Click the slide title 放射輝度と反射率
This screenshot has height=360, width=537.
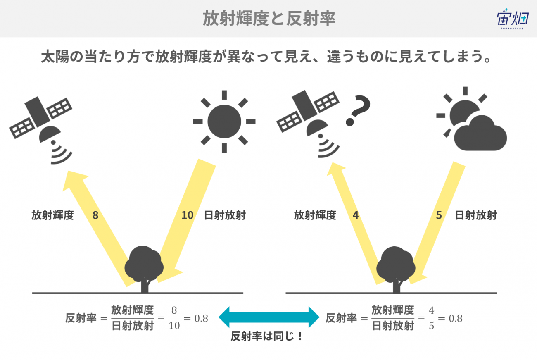click(268, 19)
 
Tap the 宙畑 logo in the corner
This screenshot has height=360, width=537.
click(511, 19)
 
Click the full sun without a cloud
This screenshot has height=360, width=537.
click(224, 122)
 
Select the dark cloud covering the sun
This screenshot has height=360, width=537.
click(480, 133)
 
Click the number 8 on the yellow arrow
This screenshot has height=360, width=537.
click(95, 215)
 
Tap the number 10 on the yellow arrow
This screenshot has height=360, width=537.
click(187, 215)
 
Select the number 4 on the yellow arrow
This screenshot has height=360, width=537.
click(356, 215)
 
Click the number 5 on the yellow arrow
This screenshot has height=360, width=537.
click(439, 215)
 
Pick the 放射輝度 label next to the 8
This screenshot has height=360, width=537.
click(52, 215)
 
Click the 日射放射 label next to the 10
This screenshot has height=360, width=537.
click(225, 215)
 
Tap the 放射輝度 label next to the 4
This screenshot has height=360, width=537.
click(315, 215)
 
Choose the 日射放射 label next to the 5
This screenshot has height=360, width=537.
click(475, 215)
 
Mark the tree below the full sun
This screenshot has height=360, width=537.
click(144, 267)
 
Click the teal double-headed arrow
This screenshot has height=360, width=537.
click(269, 317)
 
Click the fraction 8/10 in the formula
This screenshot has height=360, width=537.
click(174, 319)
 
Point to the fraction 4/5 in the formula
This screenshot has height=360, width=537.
click(432, 319)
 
